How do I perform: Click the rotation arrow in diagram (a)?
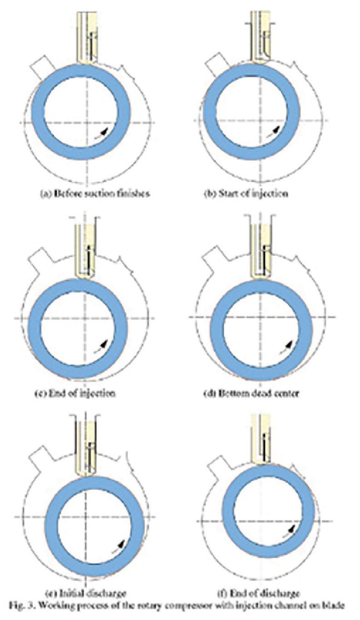[105, 131]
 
